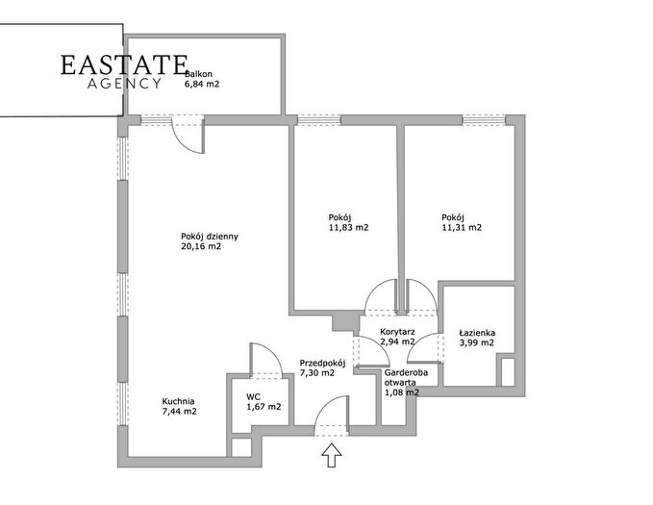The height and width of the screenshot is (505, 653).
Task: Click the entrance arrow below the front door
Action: pos(332,455)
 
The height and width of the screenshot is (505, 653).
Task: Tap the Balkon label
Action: pos(199,74)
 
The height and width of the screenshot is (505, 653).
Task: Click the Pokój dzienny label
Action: pos(210,237)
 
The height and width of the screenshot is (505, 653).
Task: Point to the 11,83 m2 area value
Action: pos(348,228)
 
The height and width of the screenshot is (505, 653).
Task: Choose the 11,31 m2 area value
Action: pos(462,228)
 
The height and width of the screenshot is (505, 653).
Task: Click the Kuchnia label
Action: pos(178,402)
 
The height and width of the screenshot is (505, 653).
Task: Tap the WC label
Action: pos(253,397)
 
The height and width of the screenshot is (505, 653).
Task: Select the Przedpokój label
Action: pos(323,363)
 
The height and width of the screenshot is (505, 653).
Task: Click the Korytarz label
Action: pos(397,332)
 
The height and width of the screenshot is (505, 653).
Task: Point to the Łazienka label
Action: pos(477,333)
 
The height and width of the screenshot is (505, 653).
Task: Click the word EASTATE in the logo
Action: pos(124,65)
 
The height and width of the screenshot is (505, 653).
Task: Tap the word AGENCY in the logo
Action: pos(124,84)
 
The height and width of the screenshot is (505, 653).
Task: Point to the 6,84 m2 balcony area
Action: pos(202,85)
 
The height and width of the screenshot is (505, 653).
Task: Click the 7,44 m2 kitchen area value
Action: pos(180,412)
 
